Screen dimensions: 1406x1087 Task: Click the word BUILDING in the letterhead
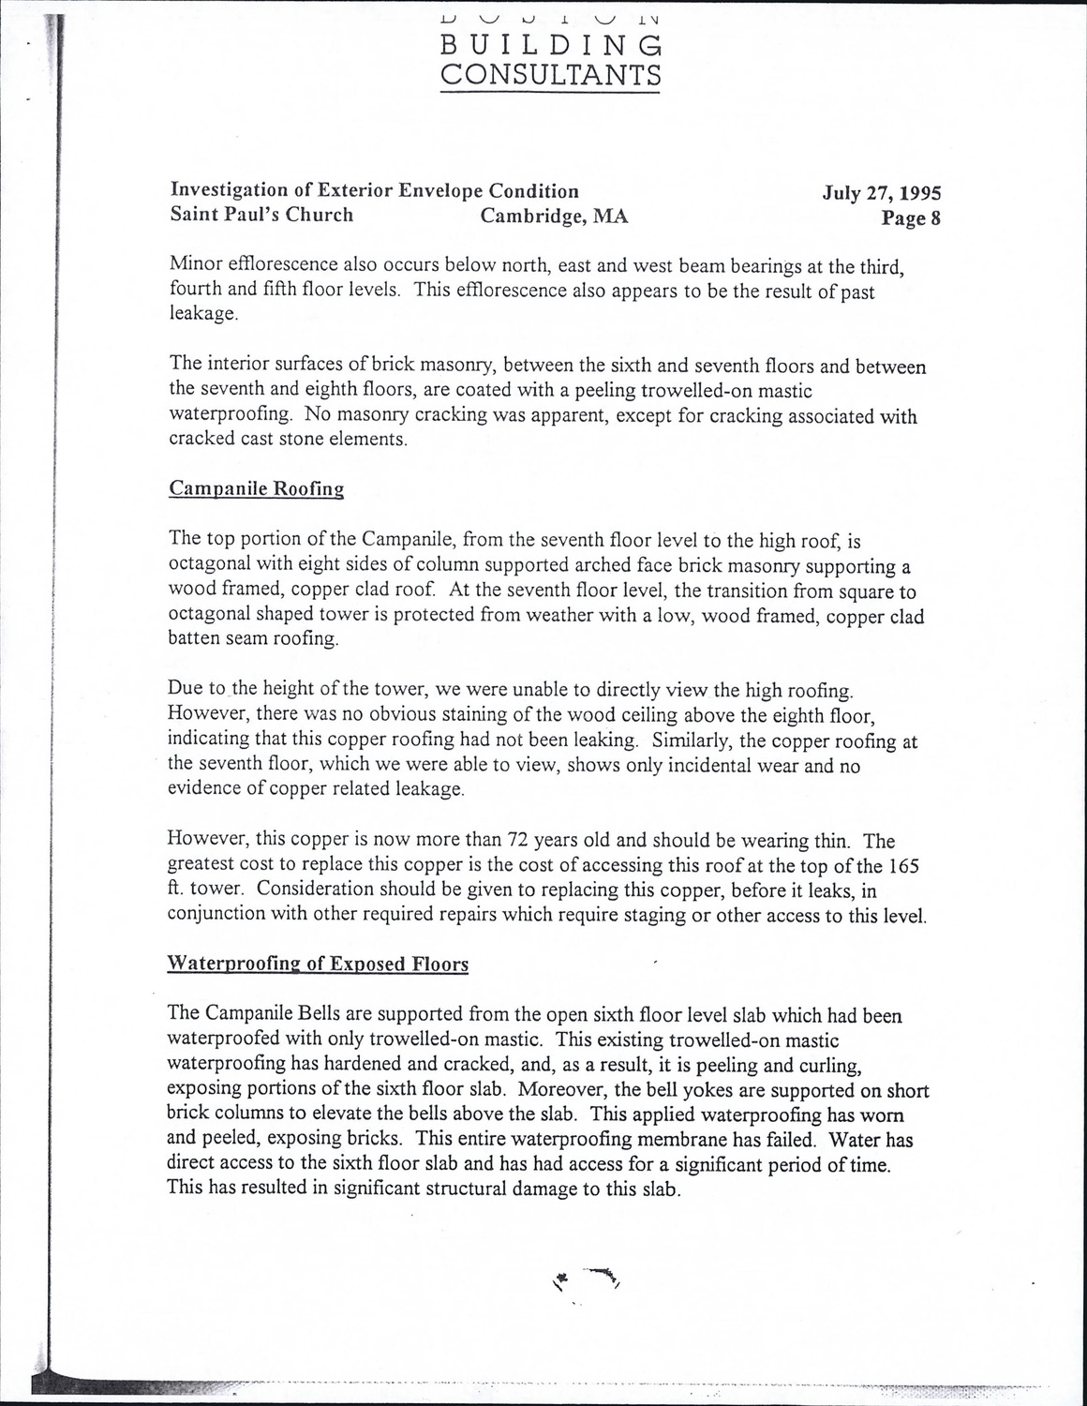[x=551, y=45]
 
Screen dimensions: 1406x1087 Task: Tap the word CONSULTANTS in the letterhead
[x=551, y=74]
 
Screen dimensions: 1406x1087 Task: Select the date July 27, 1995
[x=881, y=193]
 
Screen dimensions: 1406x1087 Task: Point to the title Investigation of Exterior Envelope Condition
[x=374, y=191]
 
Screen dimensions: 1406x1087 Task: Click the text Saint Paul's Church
[x=261, y=215]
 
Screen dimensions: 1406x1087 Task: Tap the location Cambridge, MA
[x=554, y=217]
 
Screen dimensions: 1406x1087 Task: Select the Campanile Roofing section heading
[x=256, y=488]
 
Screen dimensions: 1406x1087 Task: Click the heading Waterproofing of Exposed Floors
[x=317, y=964]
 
